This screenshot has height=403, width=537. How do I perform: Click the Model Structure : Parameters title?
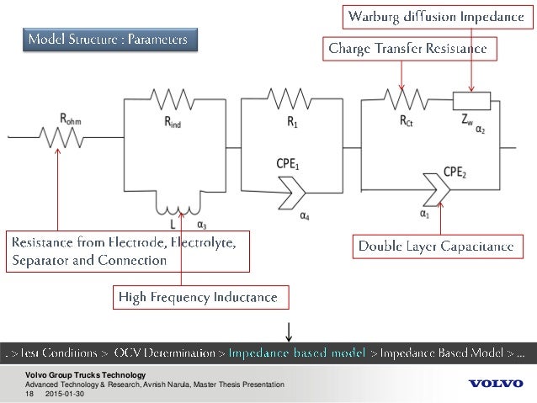pyautogui.click(x=111, y=40)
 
